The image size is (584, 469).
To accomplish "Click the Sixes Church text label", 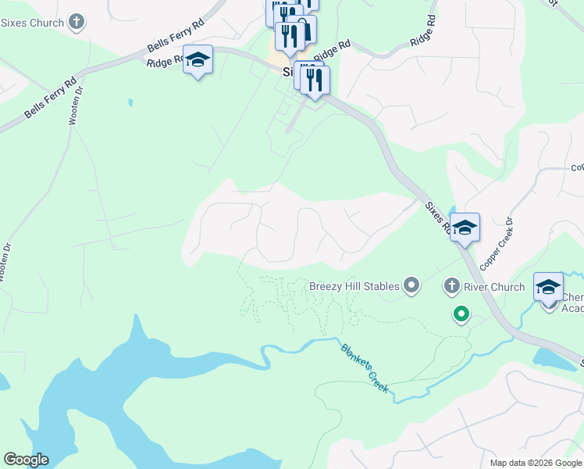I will click(x=32, y=23).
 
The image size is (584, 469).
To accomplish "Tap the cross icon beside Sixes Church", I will click(x=77, y=22).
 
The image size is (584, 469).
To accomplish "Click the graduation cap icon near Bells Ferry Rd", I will click(x=198, y=59).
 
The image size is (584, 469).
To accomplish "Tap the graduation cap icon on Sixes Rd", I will click(x=465, y=227).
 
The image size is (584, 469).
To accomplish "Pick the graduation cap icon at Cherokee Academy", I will click(x=548, y=287).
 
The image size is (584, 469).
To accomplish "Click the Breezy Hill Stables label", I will click(x=354, y=286).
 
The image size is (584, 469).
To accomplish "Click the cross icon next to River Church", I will click(x=451, y=287).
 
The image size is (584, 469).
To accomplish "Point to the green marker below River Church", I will click(x=461, y=314).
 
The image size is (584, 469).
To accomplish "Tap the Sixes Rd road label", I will click(x=436, y=217).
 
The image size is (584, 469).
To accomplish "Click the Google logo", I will click(x=26, y=460).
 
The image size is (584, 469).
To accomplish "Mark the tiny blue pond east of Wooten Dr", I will click(x=130, y=102).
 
